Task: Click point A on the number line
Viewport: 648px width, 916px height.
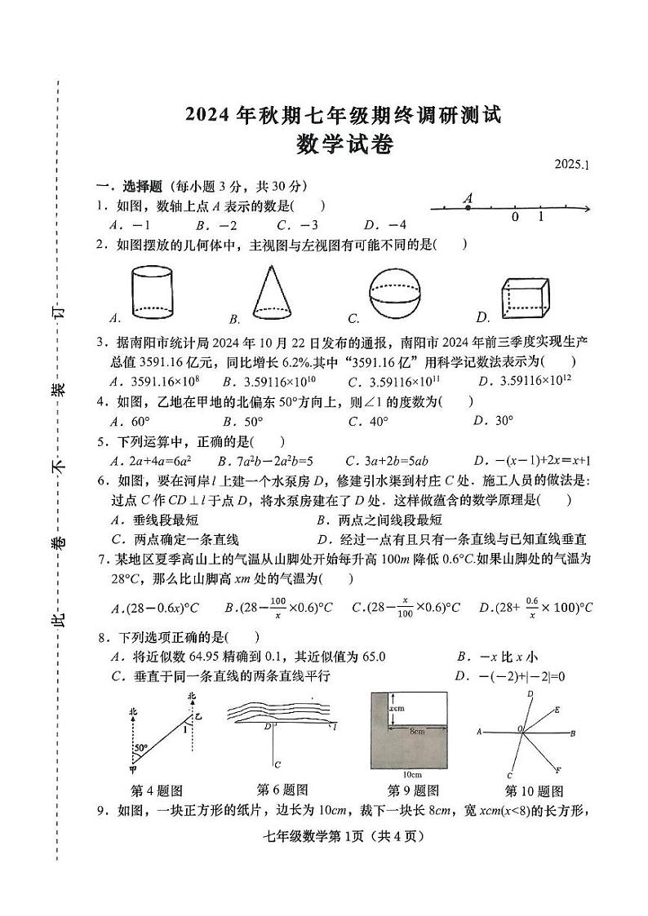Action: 468,208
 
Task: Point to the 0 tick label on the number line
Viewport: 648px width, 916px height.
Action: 515,218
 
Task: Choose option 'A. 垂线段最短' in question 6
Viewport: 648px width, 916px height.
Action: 154,520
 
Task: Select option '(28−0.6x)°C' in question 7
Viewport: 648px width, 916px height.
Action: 154,608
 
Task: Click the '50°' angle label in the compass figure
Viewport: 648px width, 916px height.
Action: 141,746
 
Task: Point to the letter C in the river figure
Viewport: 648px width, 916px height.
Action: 278,764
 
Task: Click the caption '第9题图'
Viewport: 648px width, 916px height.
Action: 413,790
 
